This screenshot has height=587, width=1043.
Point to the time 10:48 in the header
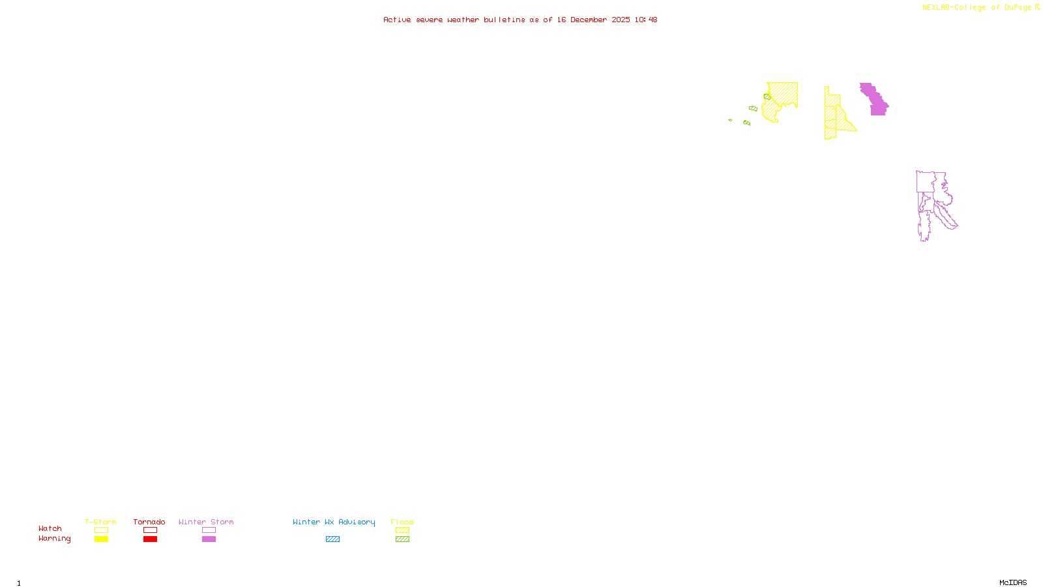645,20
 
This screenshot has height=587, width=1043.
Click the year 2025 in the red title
621,20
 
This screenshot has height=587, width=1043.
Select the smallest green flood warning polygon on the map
730,120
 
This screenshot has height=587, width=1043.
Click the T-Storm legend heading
100,522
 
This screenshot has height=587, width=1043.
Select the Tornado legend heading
149,522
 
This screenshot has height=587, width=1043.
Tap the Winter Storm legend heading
206,522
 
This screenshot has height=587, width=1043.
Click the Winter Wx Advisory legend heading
334,522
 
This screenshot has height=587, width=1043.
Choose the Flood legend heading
402,522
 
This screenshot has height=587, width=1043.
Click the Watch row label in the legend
50,529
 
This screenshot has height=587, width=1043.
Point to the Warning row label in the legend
55,539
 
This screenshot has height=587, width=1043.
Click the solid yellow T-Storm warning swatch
101,539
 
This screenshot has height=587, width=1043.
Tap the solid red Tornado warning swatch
150,539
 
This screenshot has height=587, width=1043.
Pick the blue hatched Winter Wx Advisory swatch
332,539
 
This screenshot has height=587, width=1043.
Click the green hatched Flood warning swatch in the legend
402,539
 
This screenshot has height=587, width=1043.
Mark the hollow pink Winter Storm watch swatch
209,530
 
